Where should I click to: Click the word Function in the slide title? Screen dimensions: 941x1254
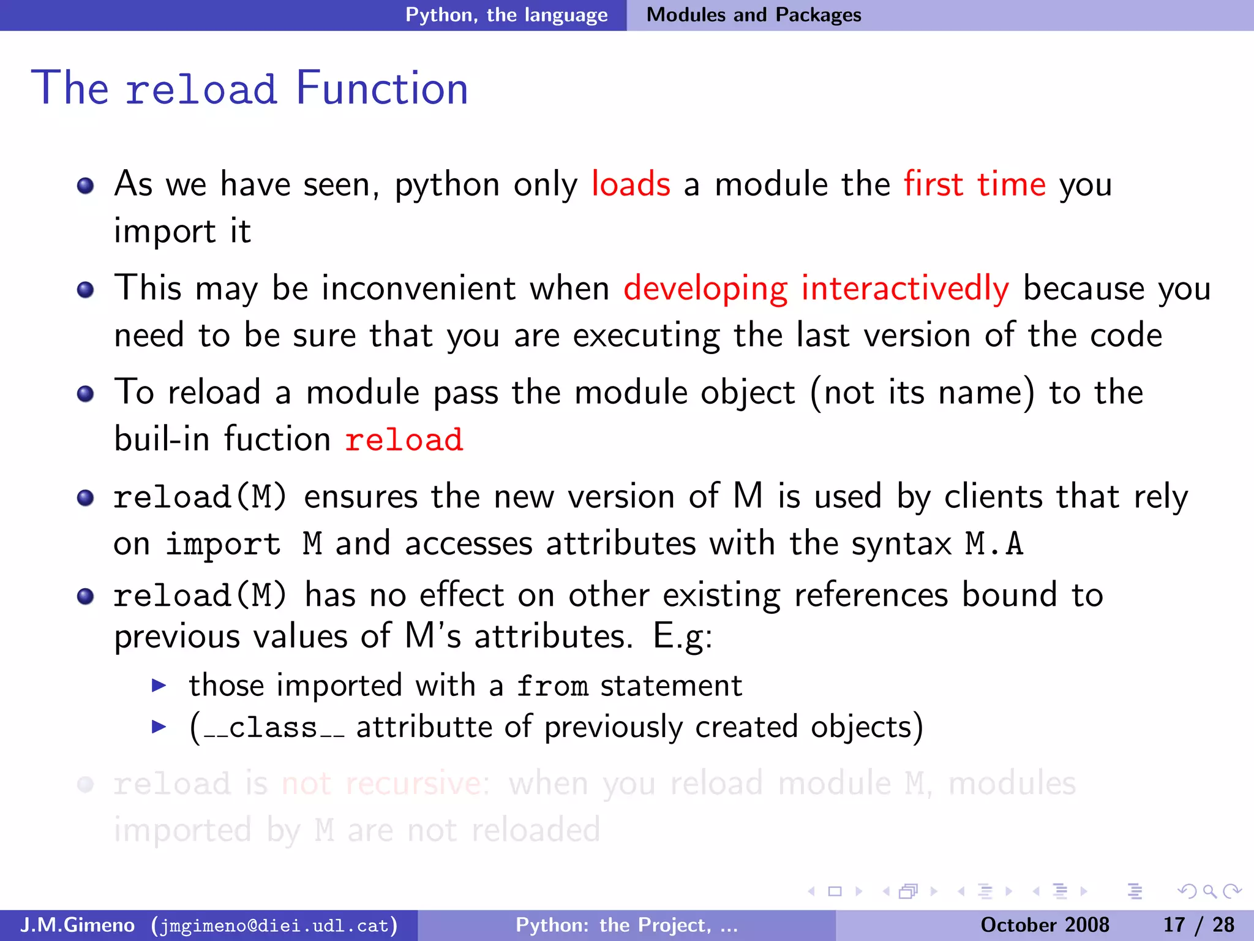pyautogui.click(x=382, y=89)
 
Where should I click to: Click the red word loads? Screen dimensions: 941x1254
pyautogui.click(x=631, y=184)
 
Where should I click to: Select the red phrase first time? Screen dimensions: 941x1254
pyautogui.click(x=975, y=184)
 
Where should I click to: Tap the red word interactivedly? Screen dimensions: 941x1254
pyautogui.click(x=905, y=288)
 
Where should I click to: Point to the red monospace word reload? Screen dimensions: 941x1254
pyautogui.click(x=404, y=439)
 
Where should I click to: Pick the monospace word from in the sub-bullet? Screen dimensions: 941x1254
pyautogui.click(x=552, y=686)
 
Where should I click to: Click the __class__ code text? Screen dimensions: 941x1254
pyautogui.click(x=273, y=728)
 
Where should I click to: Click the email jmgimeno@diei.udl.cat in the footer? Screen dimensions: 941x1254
pyautogui.click(x=274, y=925)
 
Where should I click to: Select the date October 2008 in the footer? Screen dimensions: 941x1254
pyautogui.click(x=1045, y=925)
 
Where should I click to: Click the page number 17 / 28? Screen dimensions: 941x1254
pyautogui.click(x=1198, y=925)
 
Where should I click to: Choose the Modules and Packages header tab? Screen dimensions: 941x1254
pyautogui.click(x=754, y=15)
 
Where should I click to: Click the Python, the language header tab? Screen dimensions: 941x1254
pyautogui.click(x=506, y=15)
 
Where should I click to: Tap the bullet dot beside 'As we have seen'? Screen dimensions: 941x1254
pyautogui.click(x=86, y=186)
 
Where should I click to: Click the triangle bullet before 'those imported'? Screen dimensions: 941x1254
pyautogui.click(x=159, y=685)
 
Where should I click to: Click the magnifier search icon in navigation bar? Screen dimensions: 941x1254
pyautogui.click(x=1209, y=891)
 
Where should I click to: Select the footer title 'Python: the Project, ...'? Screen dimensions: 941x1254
pyautogui.click(x=626, y=925)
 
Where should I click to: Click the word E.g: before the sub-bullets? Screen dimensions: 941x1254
pyautogui.click(x=683, y=636)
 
